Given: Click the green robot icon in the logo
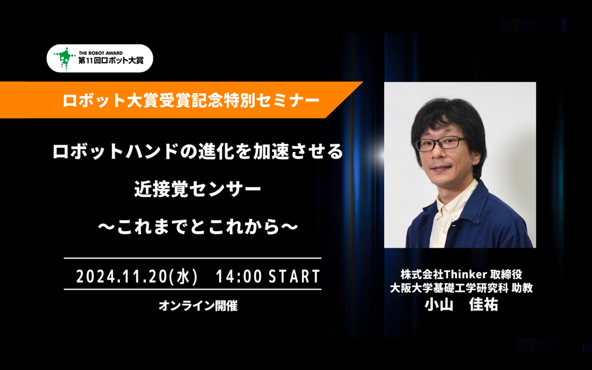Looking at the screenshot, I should pyautogui.click(x=64, y=59).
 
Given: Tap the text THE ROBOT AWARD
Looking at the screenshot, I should pyautogui.click(x=101, y=53).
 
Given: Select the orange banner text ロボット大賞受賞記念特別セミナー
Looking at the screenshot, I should pyautogui.click(x=190, y=100).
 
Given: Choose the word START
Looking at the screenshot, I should pyautogui.click(x=294, y=276).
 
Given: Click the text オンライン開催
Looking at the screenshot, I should pyautogui.click(x=198, y=305).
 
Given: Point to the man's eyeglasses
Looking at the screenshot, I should pyautogui.click(x=440, y=143).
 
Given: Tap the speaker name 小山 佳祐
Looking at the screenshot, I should pyautogui.click(x=461, y=304).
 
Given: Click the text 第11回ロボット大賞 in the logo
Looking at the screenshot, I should pyautogui.click(x=110, y=61).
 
